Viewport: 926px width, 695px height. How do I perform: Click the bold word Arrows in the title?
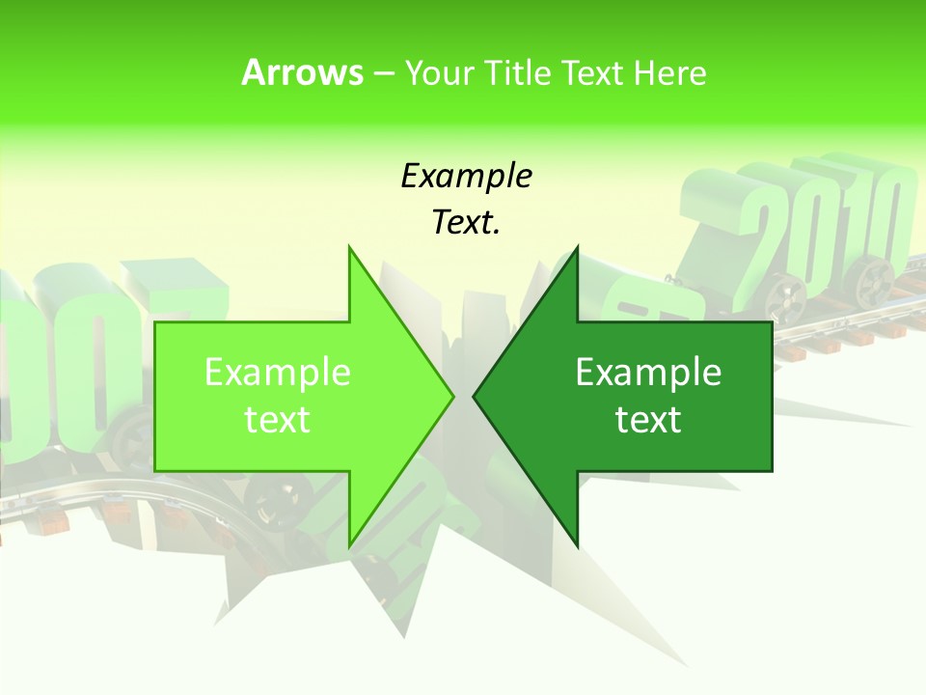tap(302, 72)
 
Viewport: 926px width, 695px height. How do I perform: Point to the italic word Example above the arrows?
tap(466, 176)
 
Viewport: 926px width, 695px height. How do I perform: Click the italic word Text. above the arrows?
tap(466, 222)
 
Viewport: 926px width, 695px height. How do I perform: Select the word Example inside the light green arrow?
tap(278, 372)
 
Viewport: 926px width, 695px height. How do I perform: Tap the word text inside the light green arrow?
tap(278, 419)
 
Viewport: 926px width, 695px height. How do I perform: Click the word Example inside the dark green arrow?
tap(648, 372)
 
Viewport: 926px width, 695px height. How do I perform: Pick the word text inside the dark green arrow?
tap(648, 419)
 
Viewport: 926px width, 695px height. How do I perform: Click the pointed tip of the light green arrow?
tap(452, 396)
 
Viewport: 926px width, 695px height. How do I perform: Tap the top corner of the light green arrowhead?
tap(349, 247)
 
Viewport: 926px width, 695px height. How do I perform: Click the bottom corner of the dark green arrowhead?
tap(577, 545)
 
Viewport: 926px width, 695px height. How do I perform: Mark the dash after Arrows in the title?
tap(383, 73)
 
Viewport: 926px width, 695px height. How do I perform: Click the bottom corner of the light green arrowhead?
tap(349, 546)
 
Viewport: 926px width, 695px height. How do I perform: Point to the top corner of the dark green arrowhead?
tap(577, 247)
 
